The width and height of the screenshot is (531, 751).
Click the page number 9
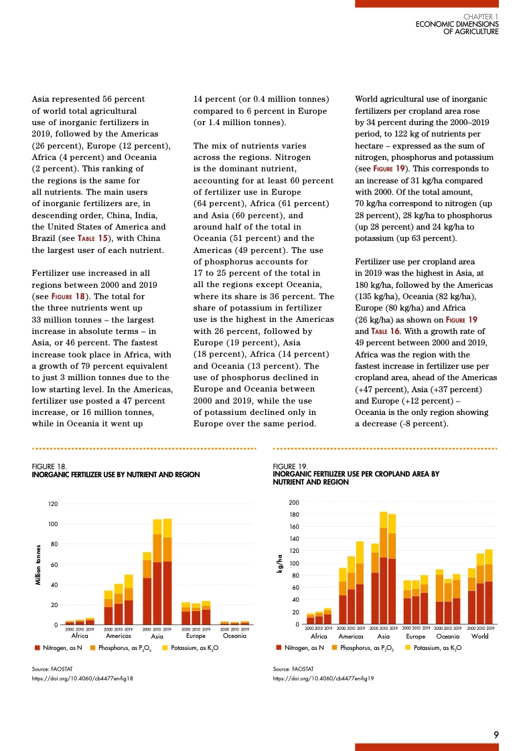(496, 734)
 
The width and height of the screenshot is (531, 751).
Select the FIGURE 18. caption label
(49, 467)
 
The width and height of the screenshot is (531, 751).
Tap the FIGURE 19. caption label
(290, 467)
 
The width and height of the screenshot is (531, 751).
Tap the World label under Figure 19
(479, 636)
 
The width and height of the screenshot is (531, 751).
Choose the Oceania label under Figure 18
(235, 636)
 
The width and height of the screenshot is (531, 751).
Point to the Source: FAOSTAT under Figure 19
(293, 669)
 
